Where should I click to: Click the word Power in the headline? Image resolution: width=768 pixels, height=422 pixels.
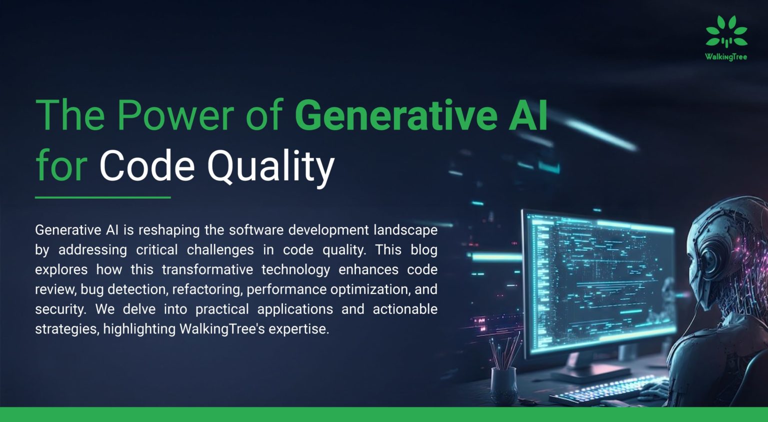175,116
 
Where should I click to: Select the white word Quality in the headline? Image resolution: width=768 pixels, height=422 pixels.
270,167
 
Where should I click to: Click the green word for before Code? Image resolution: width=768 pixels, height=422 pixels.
61,167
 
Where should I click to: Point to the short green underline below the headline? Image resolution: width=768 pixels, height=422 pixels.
102,197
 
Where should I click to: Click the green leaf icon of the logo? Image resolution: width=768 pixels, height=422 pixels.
726,32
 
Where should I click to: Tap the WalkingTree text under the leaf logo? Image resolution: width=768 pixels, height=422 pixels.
726,57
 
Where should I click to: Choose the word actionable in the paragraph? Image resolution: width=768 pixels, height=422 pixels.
405,309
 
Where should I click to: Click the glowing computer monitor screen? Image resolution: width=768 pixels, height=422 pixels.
600,280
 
